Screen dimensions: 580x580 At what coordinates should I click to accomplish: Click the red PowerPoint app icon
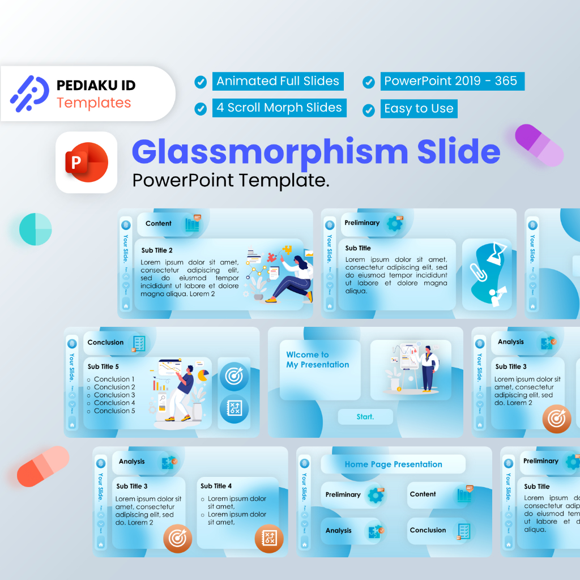[x=86, y=163]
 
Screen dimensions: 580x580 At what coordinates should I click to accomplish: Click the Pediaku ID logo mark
[x=29, y=93]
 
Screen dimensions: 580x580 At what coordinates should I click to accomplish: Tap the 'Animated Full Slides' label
[x=278, y=81]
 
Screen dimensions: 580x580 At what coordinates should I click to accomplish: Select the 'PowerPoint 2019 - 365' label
[x=451, y=81]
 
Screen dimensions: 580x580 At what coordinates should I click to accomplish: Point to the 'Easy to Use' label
[x=419, y=109]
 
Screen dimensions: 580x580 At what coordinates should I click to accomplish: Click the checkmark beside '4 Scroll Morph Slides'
[x=201, y=109]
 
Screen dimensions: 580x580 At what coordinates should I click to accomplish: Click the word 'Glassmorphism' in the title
[x=270, y=152]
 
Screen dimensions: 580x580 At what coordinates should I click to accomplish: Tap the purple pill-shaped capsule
[x=539, y=145]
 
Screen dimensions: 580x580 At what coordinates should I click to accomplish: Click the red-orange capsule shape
[x=43, y=466]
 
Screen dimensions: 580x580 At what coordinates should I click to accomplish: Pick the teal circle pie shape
[x=35, y=229]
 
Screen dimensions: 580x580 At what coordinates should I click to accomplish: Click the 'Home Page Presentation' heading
[x=393, y=464]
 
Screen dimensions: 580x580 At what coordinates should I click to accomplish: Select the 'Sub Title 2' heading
[x=157, y=250]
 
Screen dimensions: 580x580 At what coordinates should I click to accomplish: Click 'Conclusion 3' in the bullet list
[x=114, y=395]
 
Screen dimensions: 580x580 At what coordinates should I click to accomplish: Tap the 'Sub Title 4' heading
[x=216, y=486]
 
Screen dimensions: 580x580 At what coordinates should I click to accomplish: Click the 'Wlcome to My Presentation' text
[x=317, y=360]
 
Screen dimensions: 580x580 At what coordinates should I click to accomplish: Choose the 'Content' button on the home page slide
[x=423, y=494]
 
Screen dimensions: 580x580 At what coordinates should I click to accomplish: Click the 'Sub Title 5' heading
[x=103, y=366]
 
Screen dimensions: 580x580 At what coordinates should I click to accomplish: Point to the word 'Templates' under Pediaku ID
[x=93, y=103]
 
